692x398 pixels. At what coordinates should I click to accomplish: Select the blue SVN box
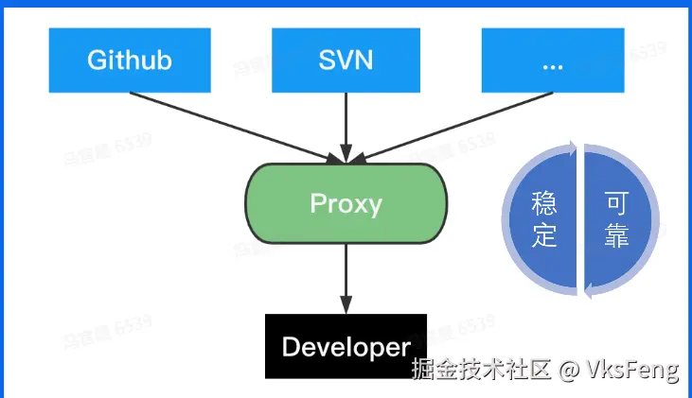pos(346,61)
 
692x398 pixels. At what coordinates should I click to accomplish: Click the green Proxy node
pos(346,203)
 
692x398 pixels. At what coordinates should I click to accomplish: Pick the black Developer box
pos(346,346)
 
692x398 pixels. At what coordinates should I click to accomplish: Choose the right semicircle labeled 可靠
pos(619,219)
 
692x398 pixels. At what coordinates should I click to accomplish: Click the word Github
pos(130,61)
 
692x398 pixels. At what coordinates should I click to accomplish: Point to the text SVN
pos(346,61)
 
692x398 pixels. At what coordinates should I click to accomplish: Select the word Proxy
pos(346,203)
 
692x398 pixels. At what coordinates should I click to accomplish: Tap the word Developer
pos(346,346)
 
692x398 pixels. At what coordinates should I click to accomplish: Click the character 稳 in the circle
pos(544,203)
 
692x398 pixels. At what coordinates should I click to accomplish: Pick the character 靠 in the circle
pos(616,235)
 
